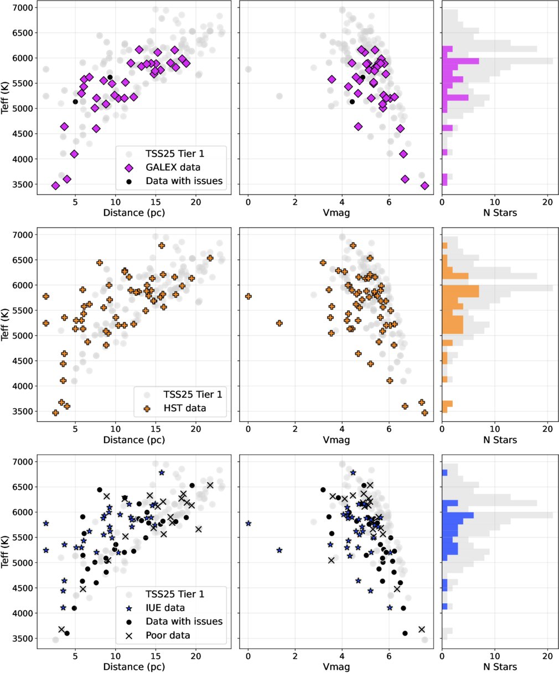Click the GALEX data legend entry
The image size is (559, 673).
click(x=171, y=167)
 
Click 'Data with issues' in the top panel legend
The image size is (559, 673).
click(x=184, y=181)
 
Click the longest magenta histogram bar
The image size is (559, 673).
click(x=460, y=61)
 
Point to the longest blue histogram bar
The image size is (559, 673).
click(x=458, y=515)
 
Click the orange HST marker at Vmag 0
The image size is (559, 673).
click(x=249, y=296)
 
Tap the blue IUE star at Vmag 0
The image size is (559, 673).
click(x=249, y=523)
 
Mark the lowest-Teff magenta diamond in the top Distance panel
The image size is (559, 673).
click(x=56, y=186)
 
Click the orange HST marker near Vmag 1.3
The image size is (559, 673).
click(x=279, y=323)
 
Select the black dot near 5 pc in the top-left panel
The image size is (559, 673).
click(x=75, y=102)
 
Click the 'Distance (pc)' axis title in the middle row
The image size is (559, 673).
click(x=133, y=440)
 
